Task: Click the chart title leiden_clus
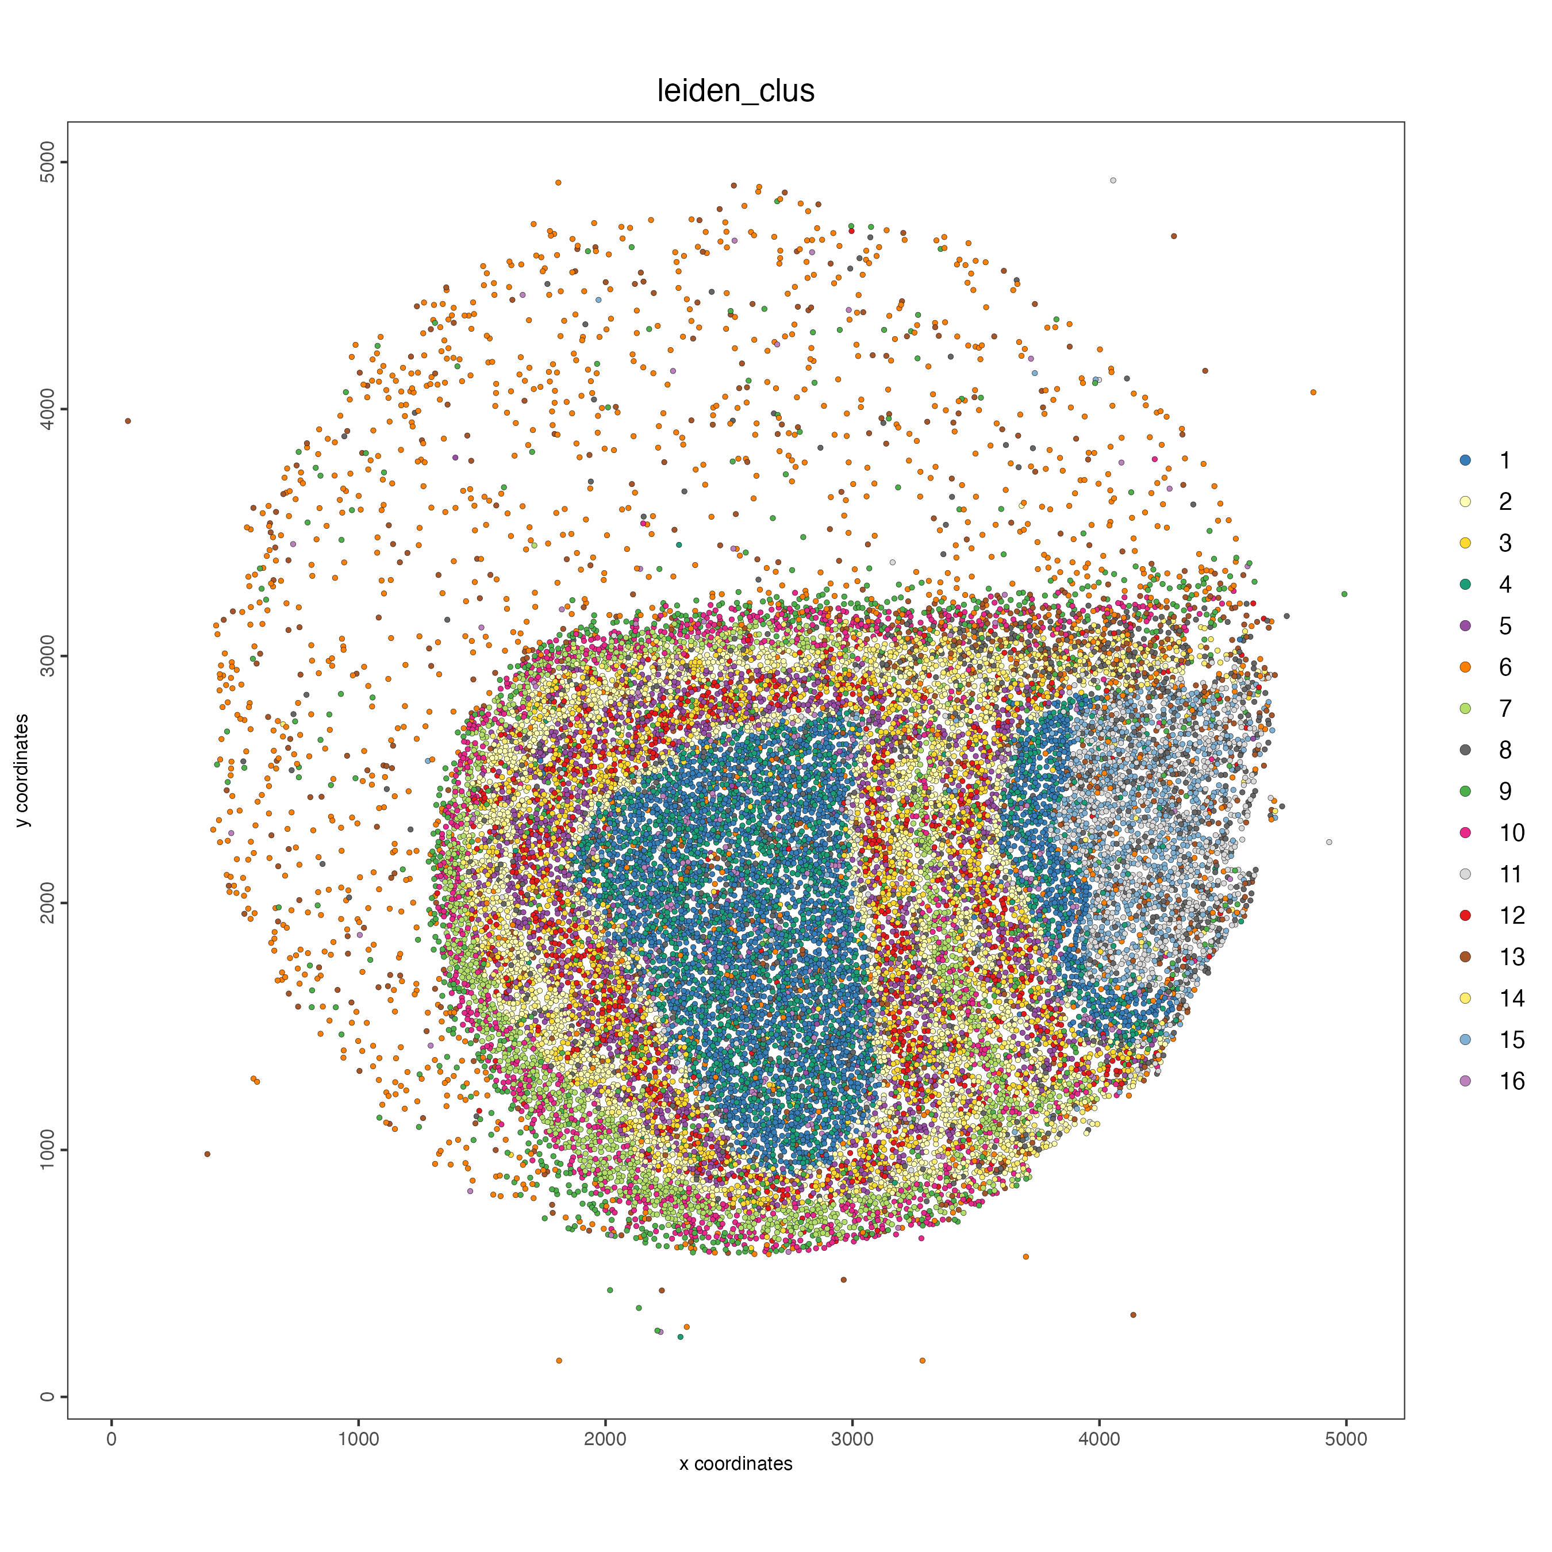click(735, 91)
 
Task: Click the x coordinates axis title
click(735, 1463)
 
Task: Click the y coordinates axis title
click(22, 770)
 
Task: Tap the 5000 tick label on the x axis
click(1346, 1439)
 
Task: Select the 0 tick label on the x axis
click(112, 1439)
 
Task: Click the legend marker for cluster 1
click(1465, 460)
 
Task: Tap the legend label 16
click(1511, 1081)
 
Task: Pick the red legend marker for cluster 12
click(1465, 915)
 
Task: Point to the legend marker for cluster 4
click(1465, 584)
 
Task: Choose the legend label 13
click(1511, 956)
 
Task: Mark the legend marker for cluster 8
click(1465, 750)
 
